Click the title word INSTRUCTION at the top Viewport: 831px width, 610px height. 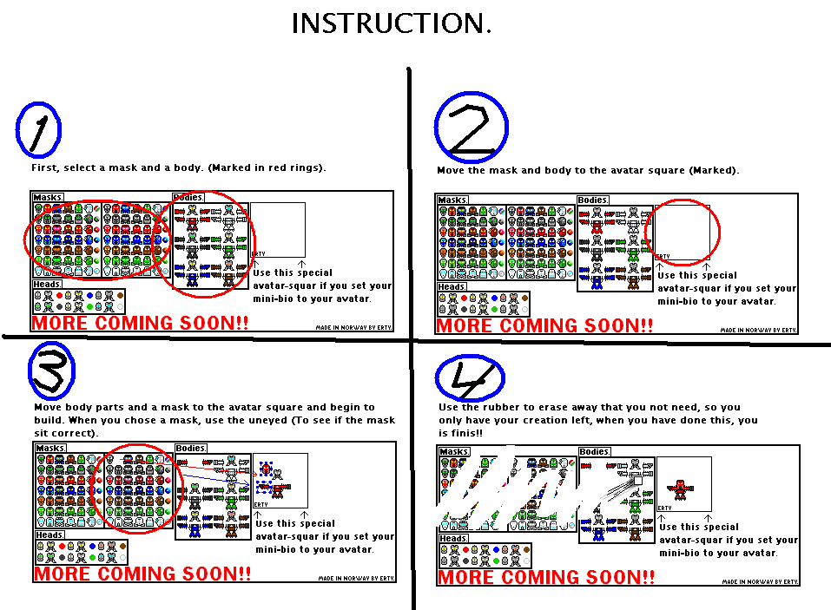(x=391, y=23)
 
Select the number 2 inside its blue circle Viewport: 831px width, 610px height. (x=471, y=128)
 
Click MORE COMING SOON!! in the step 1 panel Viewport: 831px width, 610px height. (x=140, y=323)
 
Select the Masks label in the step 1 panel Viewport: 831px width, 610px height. (x=48, y=198)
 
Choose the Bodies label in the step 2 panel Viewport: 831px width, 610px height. (x=593, y=200)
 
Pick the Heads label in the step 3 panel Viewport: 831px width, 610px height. (x=49, y=535)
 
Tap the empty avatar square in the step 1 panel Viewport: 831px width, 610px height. (x=278, y=229)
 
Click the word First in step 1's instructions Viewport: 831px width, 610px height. (x=45, y=167)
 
